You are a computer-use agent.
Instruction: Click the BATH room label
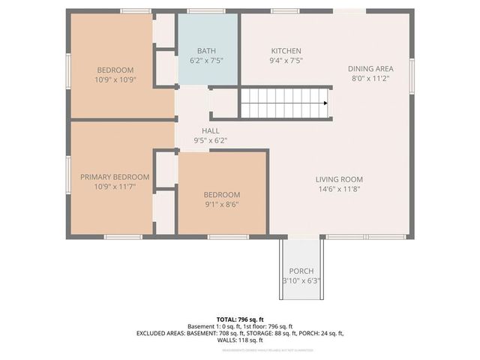[206, 51]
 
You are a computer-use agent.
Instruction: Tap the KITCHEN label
[286, 51]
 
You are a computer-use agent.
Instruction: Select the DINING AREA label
[370, 69]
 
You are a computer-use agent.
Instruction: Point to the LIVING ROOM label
[339, 179]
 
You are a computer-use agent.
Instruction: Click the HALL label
[199, 130]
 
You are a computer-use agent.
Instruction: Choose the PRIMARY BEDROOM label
[115, 177]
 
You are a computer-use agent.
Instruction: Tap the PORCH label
[301, 271]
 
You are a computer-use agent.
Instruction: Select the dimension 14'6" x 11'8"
[339, 190]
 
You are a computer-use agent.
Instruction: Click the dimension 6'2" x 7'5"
[206, 61]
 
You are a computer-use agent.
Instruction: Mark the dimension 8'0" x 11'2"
[370, 79]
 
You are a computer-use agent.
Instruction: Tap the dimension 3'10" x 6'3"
[301, 281]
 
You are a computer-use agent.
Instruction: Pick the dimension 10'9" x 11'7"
[115, 187]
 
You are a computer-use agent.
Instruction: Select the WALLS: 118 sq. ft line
[240, 340]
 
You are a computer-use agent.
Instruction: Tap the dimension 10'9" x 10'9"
[115, 79]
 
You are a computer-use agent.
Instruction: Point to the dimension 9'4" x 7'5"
[286, 61]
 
